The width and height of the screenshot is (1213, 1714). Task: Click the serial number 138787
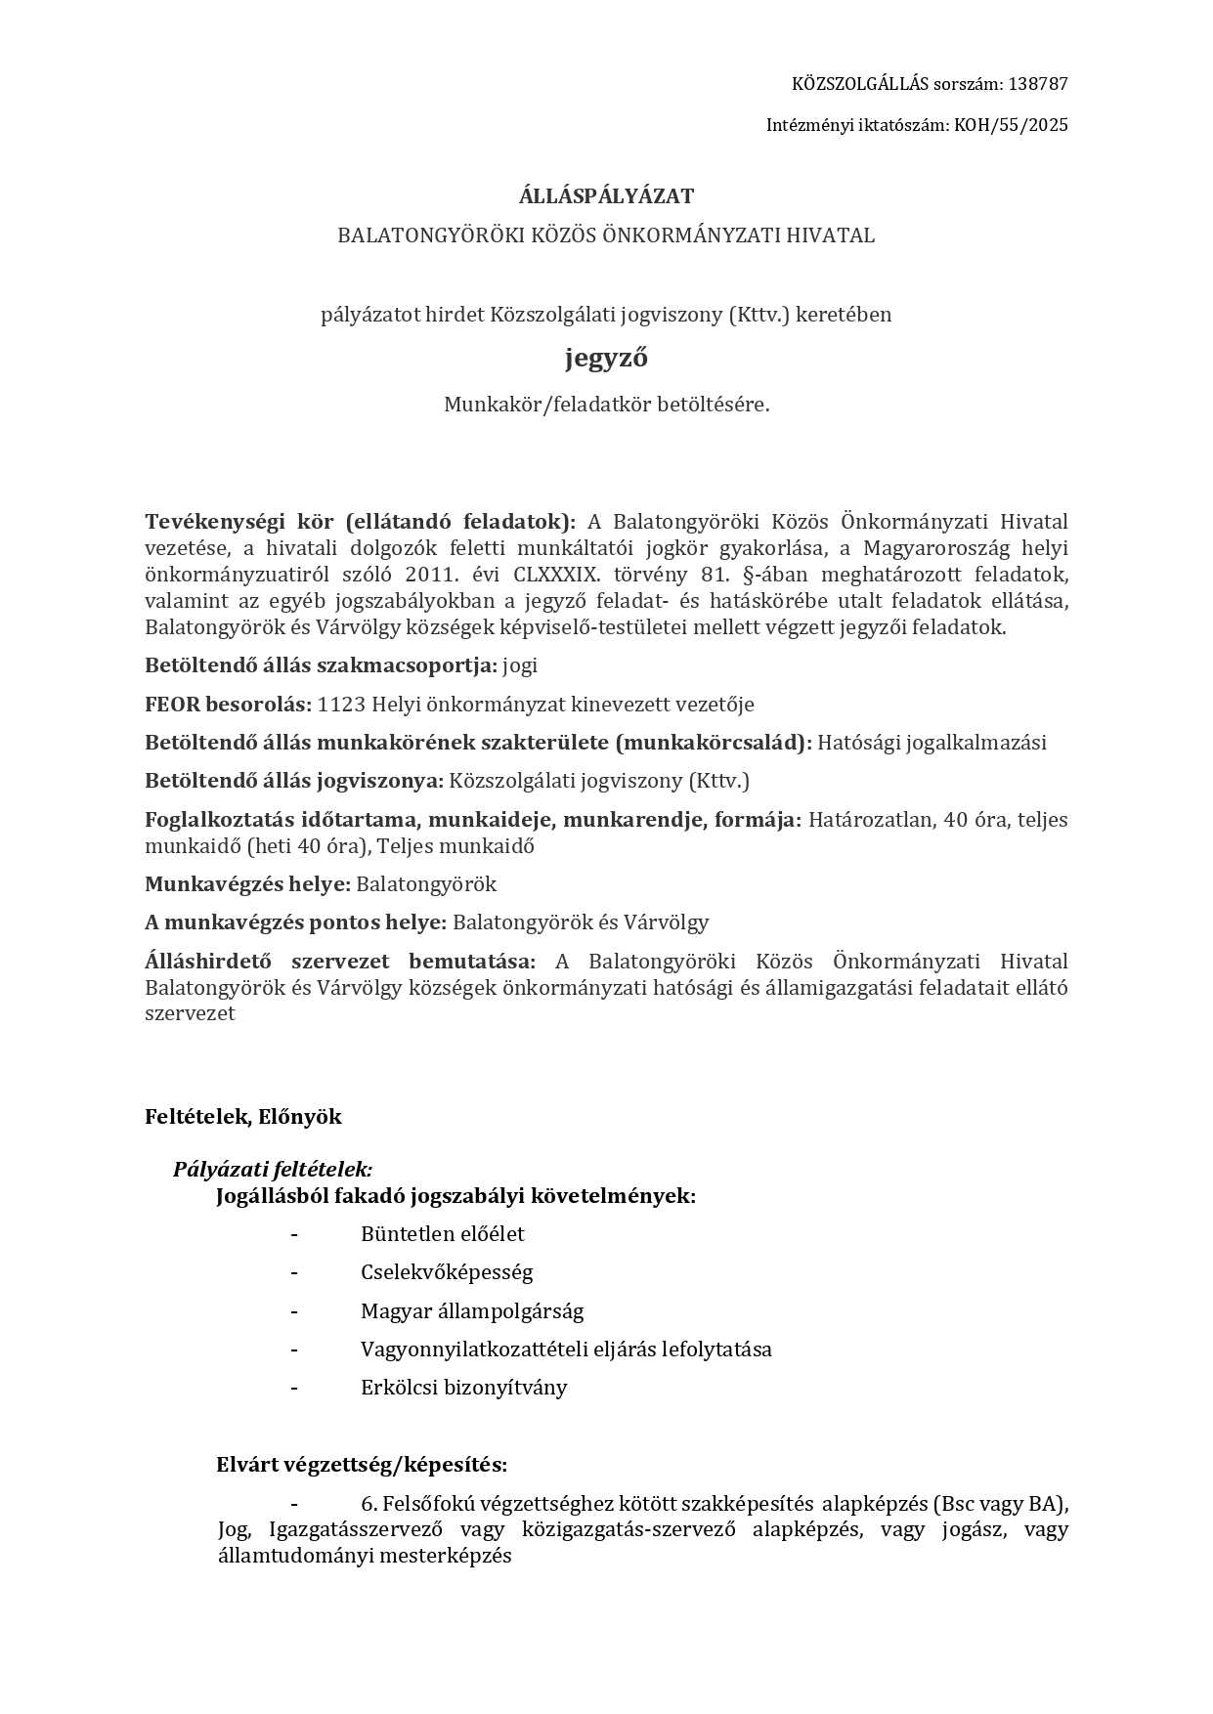(1037, 84)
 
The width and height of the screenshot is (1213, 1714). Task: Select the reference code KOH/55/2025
(1010, 125)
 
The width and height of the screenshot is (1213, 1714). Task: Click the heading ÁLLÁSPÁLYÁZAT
(606, 196)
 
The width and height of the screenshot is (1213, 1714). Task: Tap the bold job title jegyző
(606, 359)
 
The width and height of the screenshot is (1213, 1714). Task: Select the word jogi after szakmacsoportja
(520, 666)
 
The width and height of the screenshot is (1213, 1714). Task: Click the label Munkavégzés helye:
(247, 884)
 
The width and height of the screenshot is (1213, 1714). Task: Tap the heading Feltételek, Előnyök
(243, 1117)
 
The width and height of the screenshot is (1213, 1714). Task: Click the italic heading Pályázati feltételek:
(273, 1170)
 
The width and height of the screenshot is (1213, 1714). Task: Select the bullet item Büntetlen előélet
(442, 1234)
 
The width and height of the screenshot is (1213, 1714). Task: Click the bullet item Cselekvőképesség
(447, 1272)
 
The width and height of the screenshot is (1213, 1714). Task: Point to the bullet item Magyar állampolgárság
(471, 1311)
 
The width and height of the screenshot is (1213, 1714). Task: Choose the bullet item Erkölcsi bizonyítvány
(463, 1388)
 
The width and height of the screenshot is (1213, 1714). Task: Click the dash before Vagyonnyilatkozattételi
(293, 1350)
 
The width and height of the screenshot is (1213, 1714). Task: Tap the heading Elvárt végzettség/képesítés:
(362, 1465)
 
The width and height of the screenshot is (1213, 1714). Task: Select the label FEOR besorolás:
(228, 705)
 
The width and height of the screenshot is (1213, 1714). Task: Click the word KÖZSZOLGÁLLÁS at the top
(854, 84)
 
